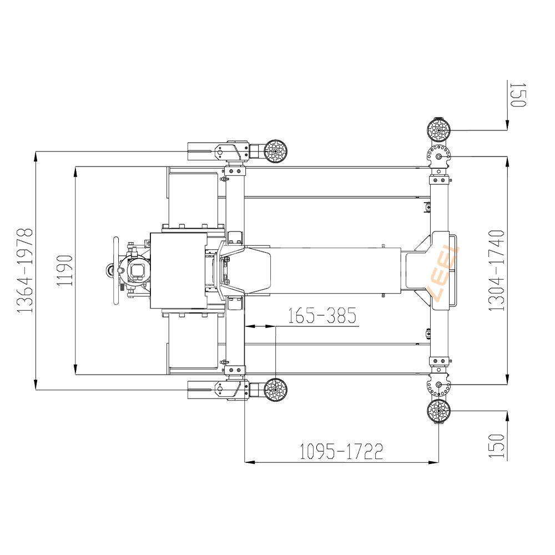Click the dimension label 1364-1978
pyautogui.click(x=25, y=270)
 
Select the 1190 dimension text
pyautogui.click(x=65, y=270)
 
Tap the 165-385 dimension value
pyautogui.click(x=321, y=315)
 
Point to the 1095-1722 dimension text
pyautogui.click(x=341, y=451)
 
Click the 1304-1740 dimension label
pyautogui.click(x=496, y=270)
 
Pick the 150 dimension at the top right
pyautogui.click(x=518, y=94)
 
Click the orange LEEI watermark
pyautogui.click(x=444, y=273)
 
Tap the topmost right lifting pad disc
pyautogui.click(x=438, y=130)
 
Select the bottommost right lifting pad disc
pyautogui.click(x=438, y=411)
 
